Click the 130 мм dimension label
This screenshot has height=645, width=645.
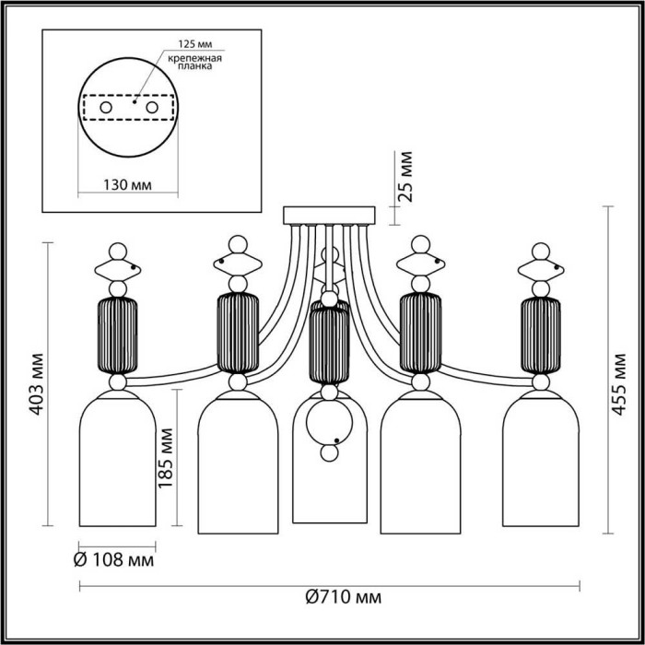click(127, 184)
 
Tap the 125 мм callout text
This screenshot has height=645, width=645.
click(195, 44)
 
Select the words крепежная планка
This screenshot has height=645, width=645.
click(195, 62)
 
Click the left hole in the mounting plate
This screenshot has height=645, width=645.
click(106, 108)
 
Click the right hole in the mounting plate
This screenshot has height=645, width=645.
click(152, 108)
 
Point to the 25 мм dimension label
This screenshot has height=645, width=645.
click(406, 176)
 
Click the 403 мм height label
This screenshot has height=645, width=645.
click(38, 383)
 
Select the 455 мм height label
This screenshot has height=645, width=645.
click(618, 384)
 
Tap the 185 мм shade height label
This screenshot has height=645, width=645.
click(166, 457)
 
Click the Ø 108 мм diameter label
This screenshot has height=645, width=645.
click(114, 560)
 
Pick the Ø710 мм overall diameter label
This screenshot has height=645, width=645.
click(344, 597)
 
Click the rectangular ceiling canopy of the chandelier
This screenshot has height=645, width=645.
click(329, 216)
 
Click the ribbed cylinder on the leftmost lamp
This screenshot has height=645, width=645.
click(118, 335)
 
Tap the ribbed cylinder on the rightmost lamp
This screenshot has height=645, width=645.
click(541, 335)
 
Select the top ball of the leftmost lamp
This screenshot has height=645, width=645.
click(118, 252)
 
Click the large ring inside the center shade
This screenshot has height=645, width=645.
click(329, 423)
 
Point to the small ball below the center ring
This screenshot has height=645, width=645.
click(329, 453)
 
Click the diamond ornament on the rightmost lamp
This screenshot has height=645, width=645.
click(541, 270)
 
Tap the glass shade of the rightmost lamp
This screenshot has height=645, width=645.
click(541, 458)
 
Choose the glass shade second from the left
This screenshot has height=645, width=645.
click(238, 462)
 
